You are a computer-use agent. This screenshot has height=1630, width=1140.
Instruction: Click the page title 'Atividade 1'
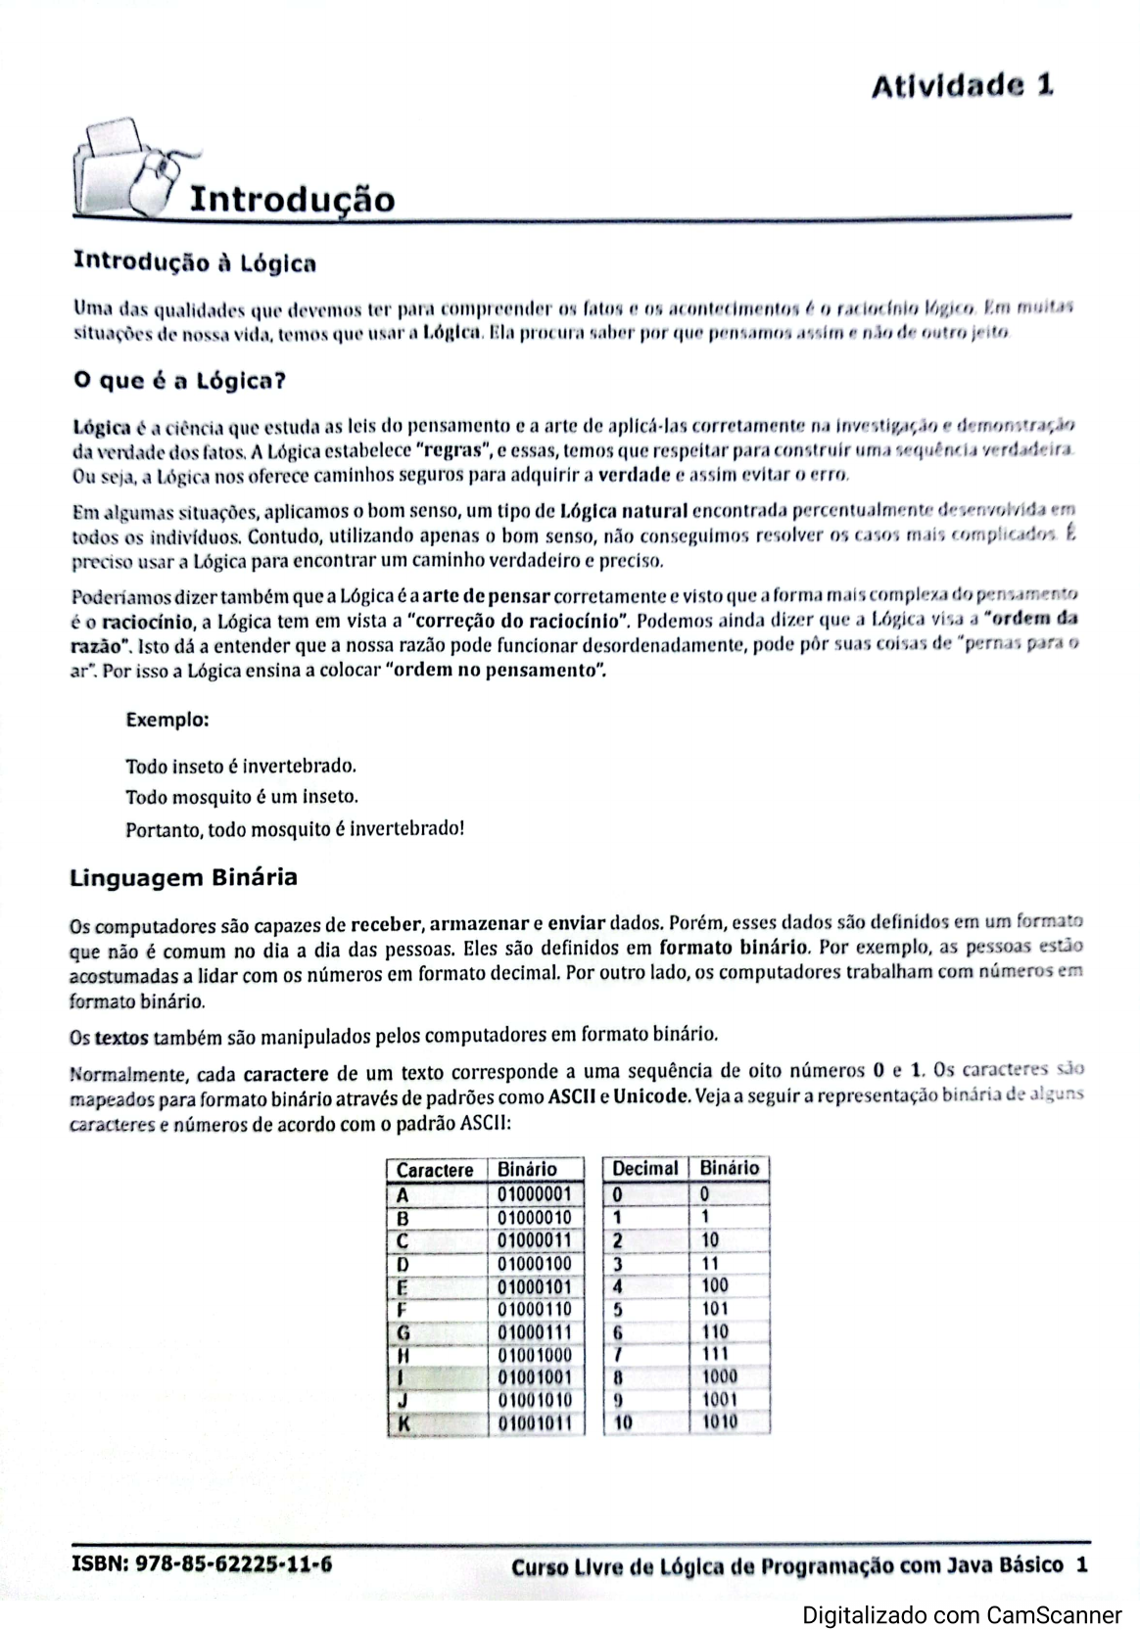pyautogui.click(x=962, y=86)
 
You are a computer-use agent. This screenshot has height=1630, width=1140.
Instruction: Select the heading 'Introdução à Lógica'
pyautogui.click(x=195, y=262)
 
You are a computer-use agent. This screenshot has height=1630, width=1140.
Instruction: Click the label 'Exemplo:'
pyautogui.click(x=167, y=720)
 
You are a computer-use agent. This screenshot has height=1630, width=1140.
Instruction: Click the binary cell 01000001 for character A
pyautogui.click(x=534, y=1194)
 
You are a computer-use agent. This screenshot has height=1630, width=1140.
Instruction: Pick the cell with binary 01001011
pyautogui.click(x=534, y=1422)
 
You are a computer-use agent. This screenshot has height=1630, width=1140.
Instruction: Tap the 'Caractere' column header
pyautogui.click(x=435, y=1170)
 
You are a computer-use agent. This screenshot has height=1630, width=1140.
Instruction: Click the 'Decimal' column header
pyautogui.click(x=644, y=1168)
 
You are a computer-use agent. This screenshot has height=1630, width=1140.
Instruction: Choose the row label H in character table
pyautogui.click(x=403, y=1355)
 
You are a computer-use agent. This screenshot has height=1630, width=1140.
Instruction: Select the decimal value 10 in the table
pyautogui.click(x=623, y=1421)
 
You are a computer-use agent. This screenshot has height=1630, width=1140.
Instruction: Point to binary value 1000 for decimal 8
pyautogui.click(x=720, y=1376)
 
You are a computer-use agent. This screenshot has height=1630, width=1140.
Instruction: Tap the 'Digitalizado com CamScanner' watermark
pyautogui.click(x=963, y=1615)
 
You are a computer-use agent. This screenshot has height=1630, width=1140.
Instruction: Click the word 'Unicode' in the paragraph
pyautogui.click(x=650, y=1095)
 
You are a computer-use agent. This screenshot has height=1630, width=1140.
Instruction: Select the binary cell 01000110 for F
pyautogui.click(x=534, y=1309)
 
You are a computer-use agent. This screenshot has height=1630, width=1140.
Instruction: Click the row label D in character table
pyautogui.click(x=403, y=1263)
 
